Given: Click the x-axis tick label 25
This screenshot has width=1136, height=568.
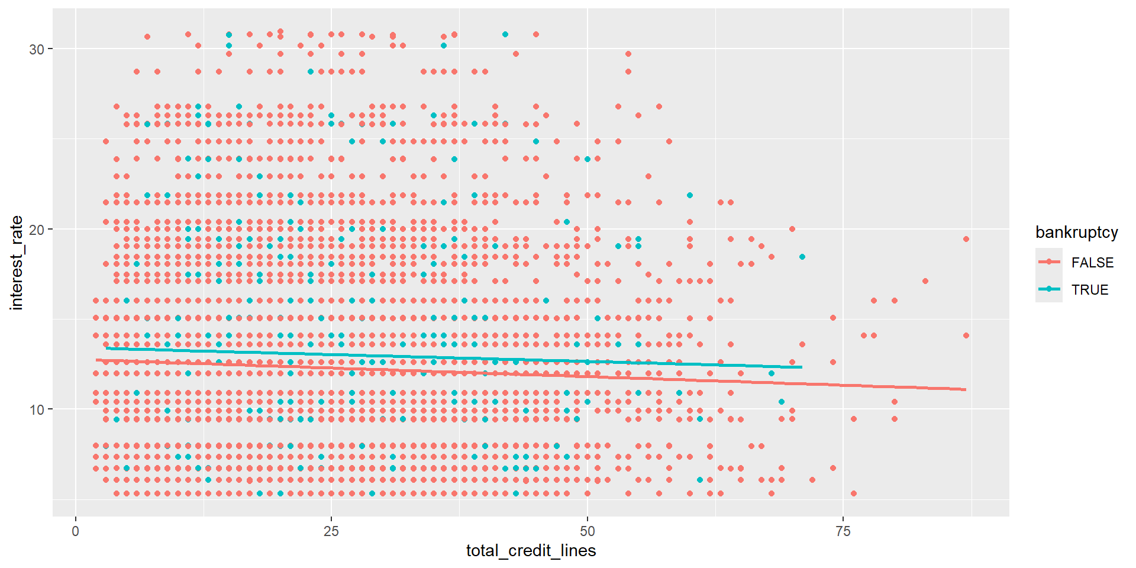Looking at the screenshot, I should click(x=331, y=531).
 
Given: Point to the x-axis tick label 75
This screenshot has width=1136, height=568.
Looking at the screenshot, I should click(x=843, y=531).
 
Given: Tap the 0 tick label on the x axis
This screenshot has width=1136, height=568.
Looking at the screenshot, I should click(x=75, y=531).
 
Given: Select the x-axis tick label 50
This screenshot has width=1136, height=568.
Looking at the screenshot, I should click(x=587, y=531).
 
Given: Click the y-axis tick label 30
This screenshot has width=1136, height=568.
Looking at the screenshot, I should click(x=37, y=49).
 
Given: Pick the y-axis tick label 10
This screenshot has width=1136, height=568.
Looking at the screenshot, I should click(x=37, y=409).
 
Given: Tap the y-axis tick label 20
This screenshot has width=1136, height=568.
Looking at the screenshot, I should click(x=37, y=230).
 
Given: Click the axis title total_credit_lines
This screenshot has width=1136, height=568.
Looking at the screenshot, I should click(x=531, y=551).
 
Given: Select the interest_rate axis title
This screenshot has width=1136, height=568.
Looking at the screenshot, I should click(x=17, y=263).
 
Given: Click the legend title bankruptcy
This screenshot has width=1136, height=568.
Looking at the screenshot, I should click(x=1076, y=233).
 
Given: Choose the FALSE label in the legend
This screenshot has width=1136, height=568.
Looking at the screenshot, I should click(x=1092, y=263).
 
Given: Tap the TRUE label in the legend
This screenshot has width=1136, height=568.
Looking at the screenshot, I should click(x=1089, y=290).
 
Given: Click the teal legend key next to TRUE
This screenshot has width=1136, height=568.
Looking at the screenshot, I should click(x=1048, y=289).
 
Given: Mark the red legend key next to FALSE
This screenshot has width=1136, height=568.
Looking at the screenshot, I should click(x=1048, y=262).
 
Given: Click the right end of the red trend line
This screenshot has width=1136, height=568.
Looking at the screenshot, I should click(x=966, y=389).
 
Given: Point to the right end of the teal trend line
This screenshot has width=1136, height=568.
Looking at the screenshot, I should click(x=802, y=367).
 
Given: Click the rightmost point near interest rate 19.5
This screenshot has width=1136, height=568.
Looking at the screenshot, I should click(x=966, y=239).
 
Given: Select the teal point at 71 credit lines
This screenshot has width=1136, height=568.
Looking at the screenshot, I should click(x=802, y=257).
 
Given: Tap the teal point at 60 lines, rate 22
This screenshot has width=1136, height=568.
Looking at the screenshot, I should click(x=690, y=195).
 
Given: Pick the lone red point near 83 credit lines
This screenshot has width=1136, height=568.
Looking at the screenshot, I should click(x=925, y=281).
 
